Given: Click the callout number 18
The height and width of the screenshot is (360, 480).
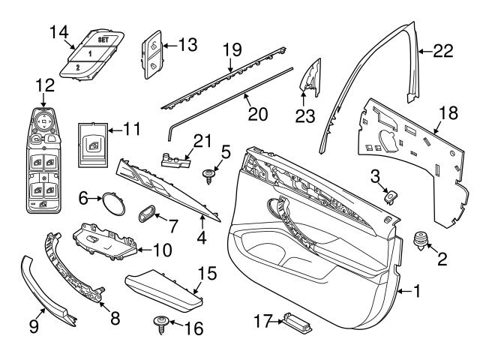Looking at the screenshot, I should pyautogui.click(x=448, y=113).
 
